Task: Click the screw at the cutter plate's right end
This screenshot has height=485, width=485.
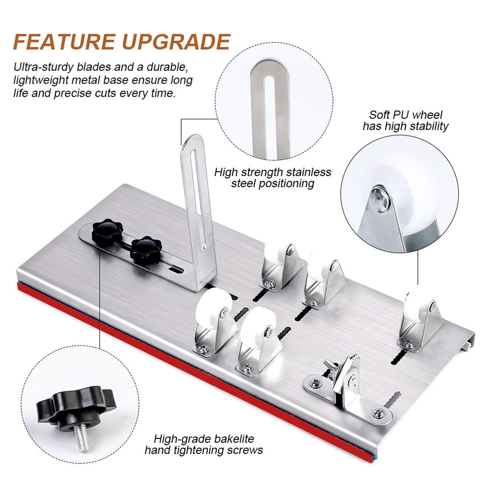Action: (380, 413)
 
